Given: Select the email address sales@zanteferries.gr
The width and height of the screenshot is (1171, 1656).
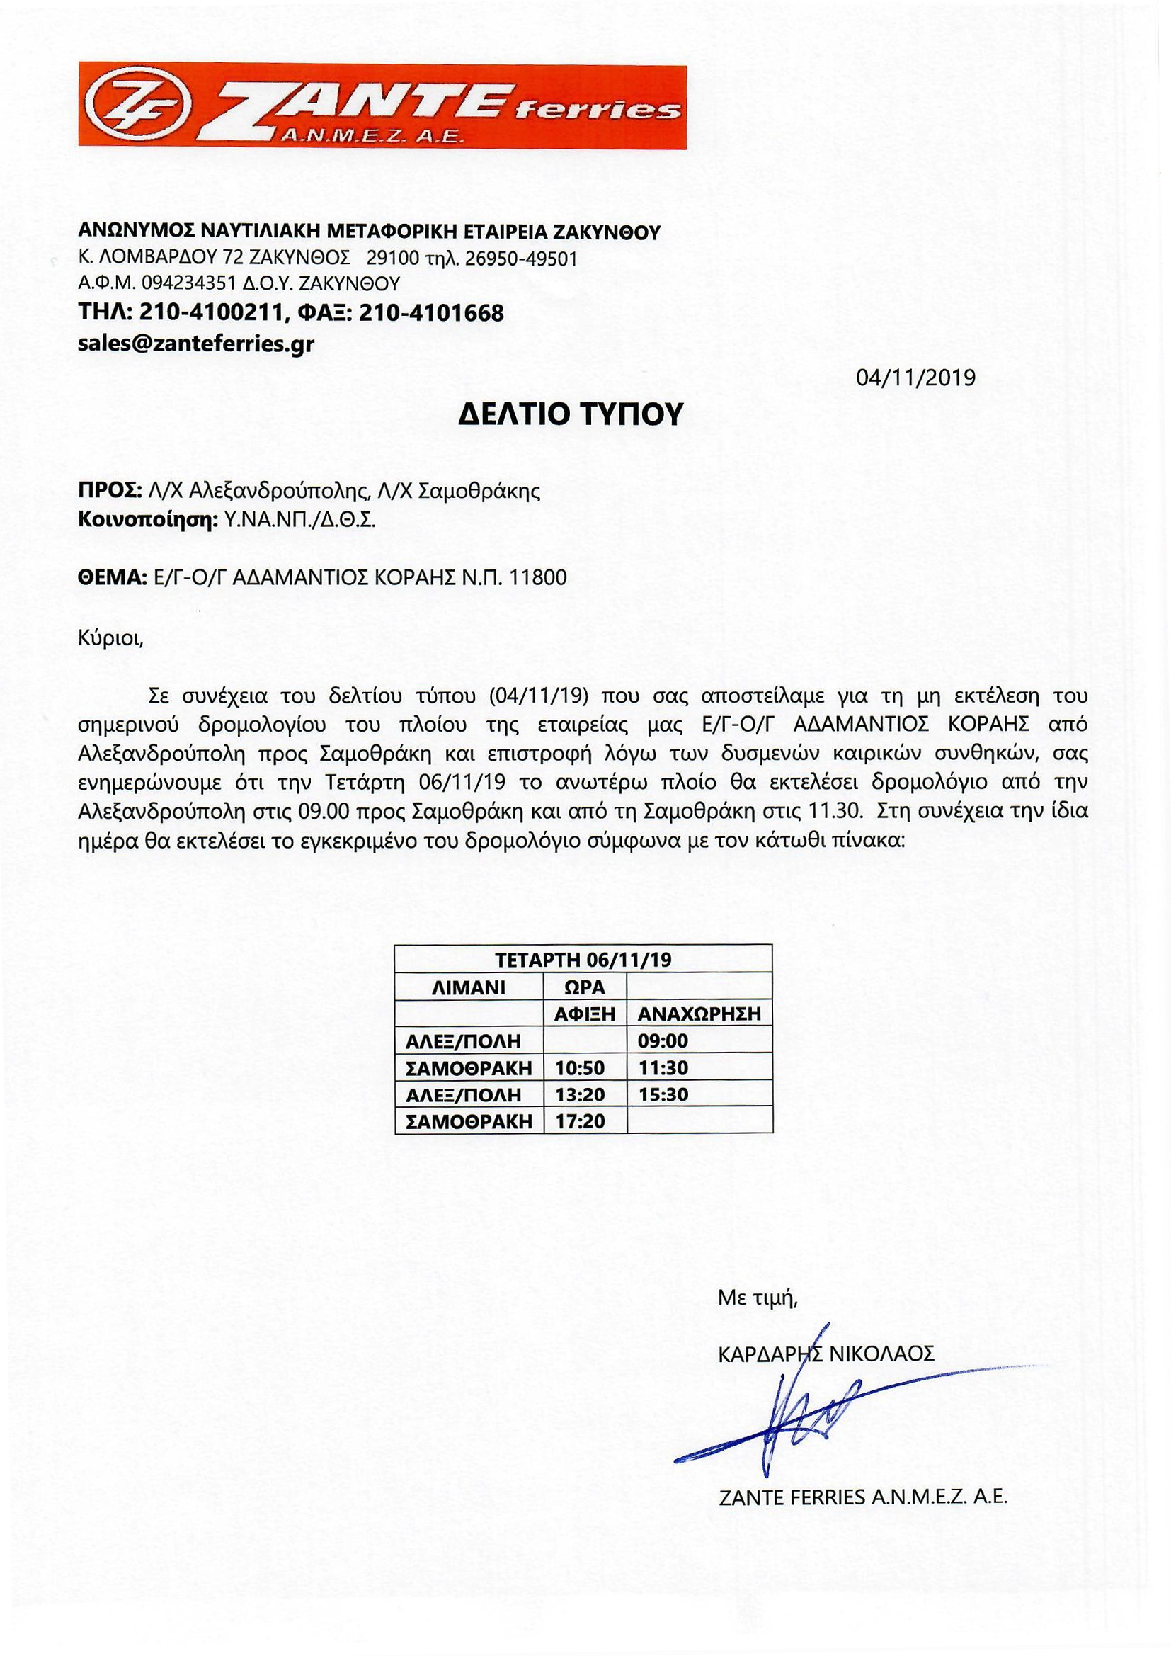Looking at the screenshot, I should (x=195, y=344).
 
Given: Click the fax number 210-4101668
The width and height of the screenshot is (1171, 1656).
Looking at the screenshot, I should (x=430, y=313).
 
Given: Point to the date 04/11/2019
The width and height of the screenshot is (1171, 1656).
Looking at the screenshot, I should (x=915, y=378).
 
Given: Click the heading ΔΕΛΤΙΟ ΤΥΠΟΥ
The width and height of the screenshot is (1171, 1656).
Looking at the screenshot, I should (x=571, y=416).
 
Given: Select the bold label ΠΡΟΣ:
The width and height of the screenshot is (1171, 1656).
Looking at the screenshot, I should (x=109, y=491).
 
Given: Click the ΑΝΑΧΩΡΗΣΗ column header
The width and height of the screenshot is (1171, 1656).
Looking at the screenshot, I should (x=699, y=1014).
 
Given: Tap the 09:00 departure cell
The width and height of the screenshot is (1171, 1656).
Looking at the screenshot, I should (x=663, y=1040).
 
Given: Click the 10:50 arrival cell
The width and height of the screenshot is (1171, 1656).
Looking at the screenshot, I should (x=581, y=1067).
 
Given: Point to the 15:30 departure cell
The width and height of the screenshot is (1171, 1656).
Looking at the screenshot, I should (x=663, y=1094).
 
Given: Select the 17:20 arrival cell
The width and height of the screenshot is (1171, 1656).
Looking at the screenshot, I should (x=581, y=1121).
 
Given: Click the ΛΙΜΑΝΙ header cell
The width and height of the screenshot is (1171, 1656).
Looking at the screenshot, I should (x=469, y=987).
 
